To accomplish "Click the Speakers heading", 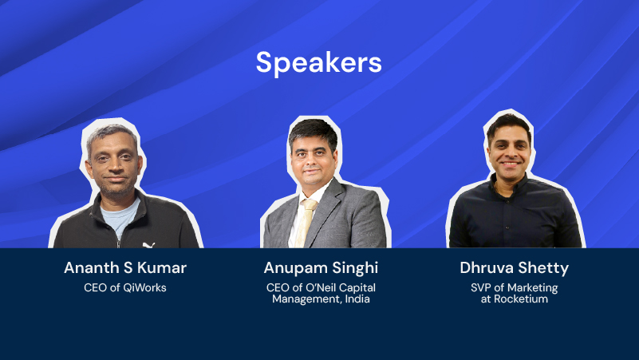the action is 318,63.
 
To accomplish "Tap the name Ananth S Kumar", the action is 125,268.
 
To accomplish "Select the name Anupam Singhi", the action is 321,268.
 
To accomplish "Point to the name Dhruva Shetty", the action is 514,268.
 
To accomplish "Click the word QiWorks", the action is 144,288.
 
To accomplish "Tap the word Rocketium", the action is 521,299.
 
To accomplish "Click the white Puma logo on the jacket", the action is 148,245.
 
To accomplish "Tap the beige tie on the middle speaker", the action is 306,223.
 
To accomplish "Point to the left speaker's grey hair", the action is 111,135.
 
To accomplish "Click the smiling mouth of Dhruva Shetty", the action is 511,164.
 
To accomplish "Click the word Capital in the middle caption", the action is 357,288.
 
